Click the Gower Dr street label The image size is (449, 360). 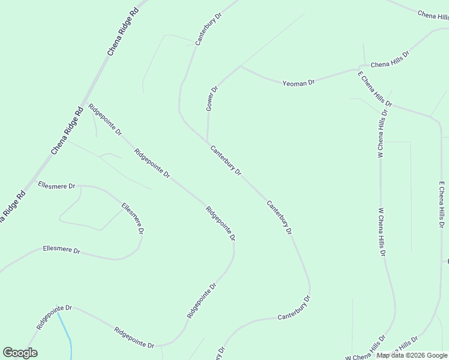coord(211,98)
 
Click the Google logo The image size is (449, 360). coord(20,353)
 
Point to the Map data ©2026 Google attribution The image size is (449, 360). coord(411,355)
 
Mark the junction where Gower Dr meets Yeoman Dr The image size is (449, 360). coord(240,66)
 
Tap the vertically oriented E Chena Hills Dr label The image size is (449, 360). coord(442,205)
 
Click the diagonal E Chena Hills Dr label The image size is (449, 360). coord(375,89)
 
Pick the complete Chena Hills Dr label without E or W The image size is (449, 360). coord(390,59)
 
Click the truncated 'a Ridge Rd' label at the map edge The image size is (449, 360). coord(11,207)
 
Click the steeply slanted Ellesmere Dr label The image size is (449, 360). coord(133,218)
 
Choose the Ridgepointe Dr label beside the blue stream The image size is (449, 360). coord(54,317)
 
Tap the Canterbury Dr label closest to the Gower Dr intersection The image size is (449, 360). coord(226,160)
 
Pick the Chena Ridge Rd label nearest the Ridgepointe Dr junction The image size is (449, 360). coord(66,130)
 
